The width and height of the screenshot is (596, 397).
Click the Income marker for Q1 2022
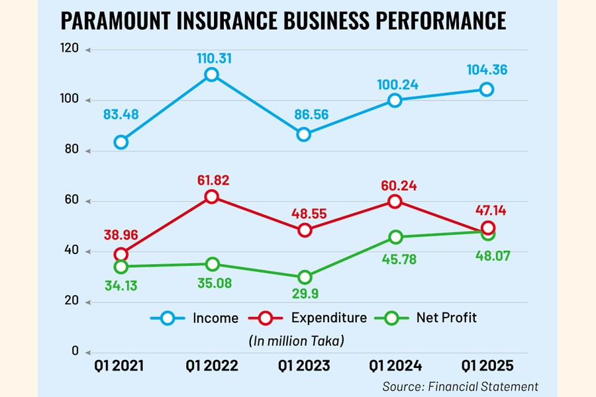(211, 75)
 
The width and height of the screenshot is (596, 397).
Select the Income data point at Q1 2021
(121, 142)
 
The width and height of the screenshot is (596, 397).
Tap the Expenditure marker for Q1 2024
(395, 201)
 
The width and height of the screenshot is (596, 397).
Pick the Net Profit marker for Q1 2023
(304, 277)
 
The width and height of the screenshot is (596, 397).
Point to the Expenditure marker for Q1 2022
(211, 197)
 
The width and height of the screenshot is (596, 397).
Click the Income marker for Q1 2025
(487, 89)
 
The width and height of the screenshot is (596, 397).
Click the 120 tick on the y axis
(69, 48)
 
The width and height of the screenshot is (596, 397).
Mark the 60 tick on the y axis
(71, 200)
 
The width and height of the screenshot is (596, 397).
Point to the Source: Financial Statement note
(460, 386)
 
